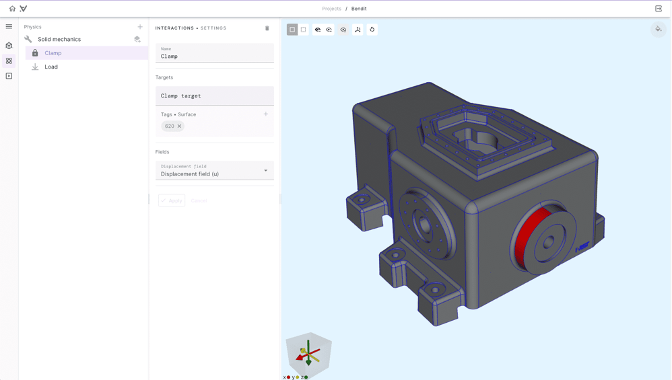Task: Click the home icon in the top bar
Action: (12, 9)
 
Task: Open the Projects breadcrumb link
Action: (331, 9)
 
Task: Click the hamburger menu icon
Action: (9, 27)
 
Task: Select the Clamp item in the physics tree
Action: (53, 53)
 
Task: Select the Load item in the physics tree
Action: (51, 67)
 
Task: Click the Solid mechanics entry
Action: (59, 40)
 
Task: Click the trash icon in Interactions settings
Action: (267, 28)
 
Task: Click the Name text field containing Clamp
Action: (214, 56)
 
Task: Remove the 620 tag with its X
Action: (179, 126)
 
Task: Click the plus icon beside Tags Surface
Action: (266, 114)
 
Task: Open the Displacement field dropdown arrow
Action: (266, 171)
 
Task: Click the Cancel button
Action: (199, 201)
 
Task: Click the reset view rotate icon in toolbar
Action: (372, 30)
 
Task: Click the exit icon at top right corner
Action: (659, 9)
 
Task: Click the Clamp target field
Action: (214, 96)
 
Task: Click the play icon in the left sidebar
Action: (9, 76)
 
